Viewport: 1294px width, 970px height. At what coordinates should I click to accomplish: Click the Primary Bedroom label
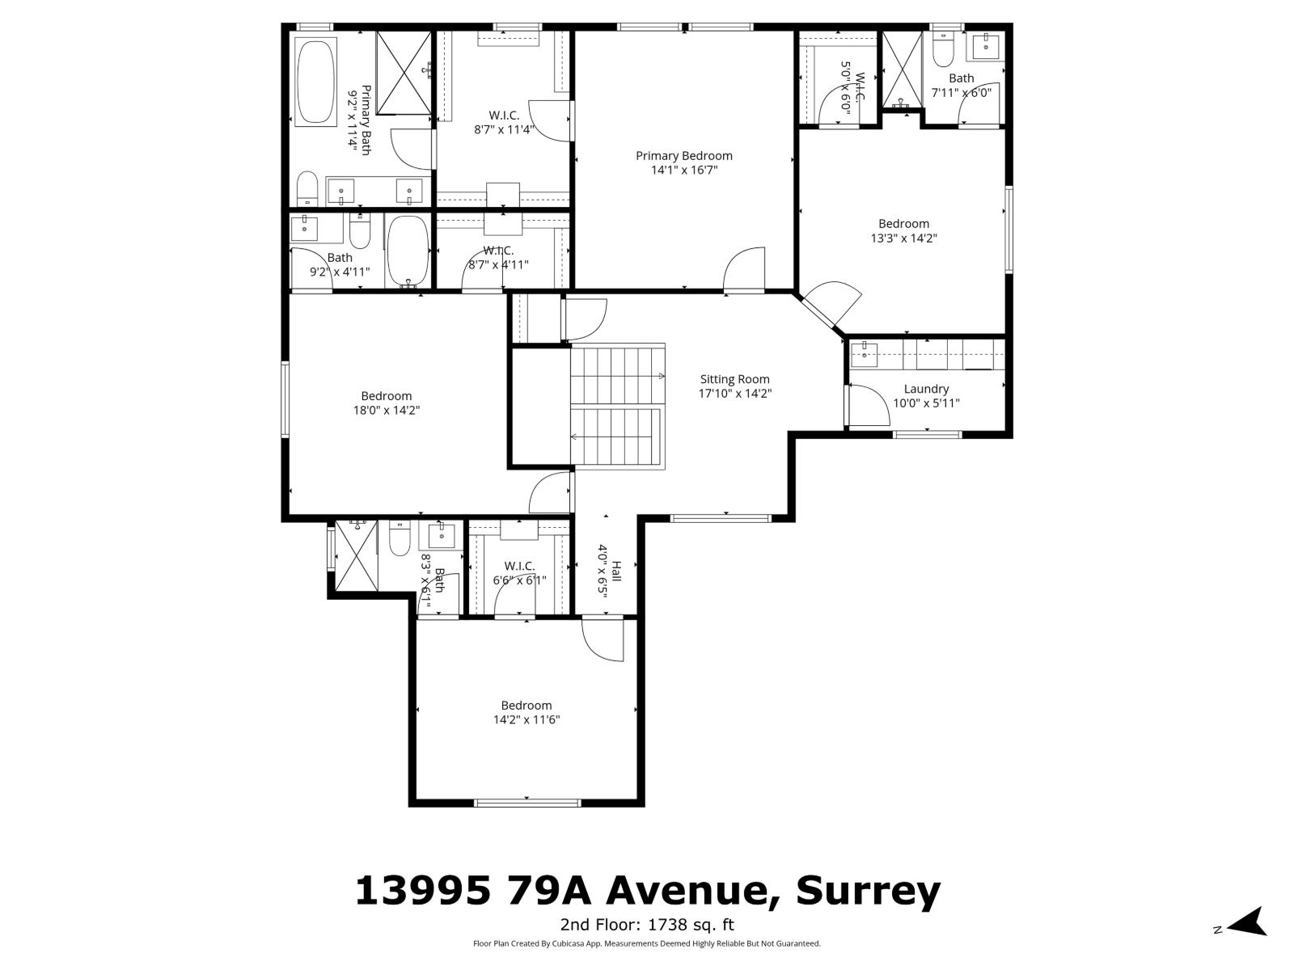(683, 156)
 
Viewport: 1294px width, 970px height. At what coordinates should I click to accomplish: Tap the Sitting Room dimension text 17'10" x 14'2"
(734, 394)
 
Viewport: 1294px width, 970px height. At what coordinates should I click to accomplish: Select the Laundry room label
(926, 389)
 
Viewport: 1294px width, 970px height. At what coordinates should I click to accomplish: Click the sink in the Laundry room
(865, 353)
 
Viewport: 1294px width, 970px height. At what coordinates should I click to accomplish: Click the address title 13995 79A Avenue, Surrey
(647, 891)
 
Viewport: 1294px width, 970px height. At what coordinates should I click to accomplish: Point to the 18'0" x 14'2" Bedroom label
(386, 403)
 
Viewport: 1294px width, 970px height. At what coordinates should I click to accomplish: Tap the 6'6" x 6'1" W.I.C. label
(519, 572)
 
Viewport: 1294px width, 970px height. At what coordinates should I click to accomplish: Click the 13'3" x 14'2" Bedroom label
(903, 230)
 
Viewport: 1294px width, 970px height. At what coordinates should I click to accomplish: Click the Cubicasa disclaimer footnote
(647, 943)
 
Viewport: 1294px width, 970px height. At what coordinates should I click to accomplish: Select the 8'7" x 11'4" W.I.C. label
(504, 122)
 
